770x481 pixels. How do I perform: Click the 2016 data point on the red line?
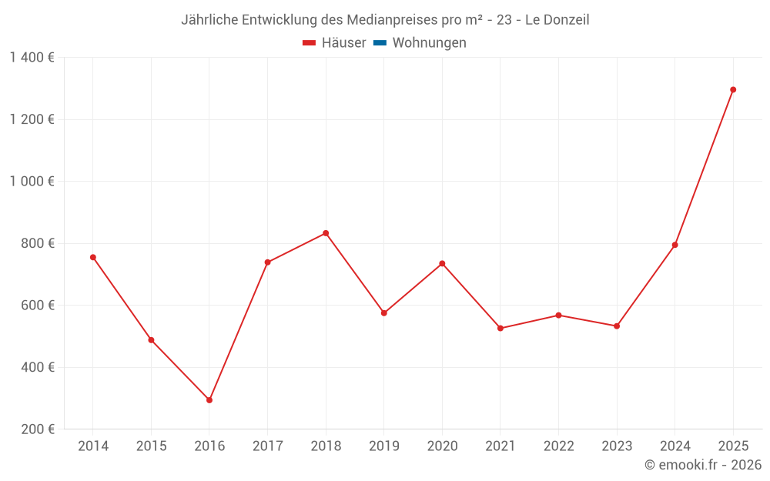209,400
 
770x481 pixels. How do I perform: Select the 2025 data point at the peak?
733,90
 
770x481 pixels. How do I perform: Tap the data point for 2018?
326,233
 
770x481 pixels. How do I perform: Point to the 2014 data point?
93,257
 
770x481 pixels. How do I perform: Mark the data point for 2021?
500,329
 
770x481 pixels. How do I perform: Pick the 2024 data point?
675,245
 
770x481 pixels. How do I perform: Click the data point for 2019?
384,313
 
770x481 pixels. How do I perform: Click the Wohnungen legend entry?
429,43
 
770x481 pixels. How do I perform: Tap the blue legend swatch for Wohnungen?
380,43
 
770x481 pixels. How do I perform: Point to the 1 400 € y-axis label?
32,58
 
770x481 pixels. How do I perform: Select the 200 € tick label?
37,429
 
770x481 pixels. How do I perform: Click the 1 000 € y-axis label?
32,182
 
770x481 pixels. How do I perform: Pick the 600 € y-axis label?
37,306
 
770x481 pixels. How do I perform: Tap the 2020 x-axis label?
442,446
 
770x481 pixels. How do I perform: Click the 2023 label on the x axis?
617,446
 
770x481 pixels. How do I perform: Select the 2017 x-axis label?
267,446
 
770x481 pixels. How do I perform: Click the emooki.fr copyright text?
703,465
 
